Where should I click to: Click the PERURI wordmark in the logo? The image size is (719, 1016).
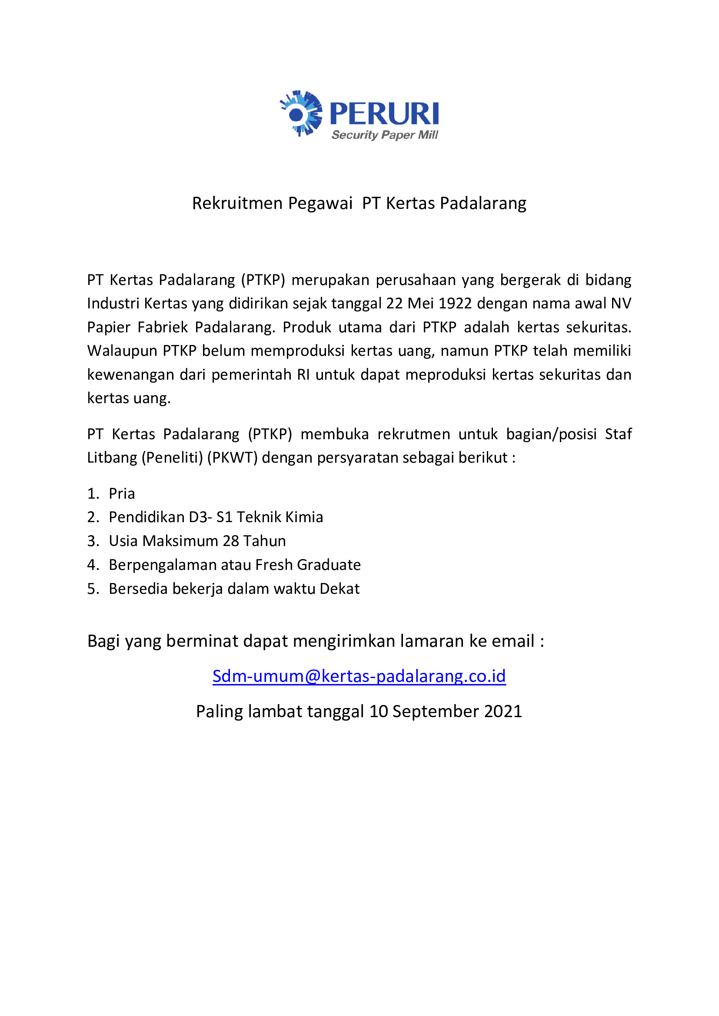[384, 114]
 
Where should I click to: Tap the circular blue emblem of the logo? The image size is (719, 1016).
[301, 113]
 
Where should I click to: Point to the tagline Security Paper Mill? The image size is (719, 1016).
[384, 135]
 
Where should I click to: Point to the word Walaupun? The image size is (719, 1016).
[122, 351]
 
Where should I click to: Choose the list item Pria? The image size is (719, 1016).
[122, 493]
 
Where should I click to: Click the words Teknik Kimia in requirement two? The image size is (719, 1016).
[280, 517]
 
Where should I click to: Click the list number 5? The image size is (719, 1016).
[92, 589]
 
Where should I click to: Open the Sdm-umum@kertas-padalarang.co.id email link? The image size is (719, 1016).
[359, 676]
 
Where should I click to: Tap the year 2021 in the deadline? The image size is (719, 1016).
[503, 712]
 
